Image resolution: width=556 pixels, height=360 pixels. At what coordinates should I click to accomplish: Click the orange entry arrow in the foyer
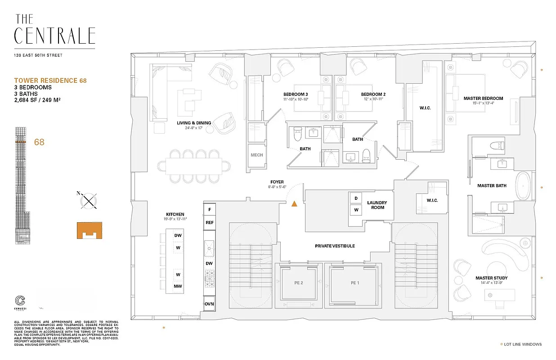(294, 204)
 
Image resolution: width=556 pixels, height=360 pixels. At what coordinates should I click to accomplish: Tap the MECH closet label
(257, 155)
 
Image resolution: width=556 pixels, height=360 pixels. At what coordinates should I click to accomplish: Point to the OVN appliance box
(209, 304)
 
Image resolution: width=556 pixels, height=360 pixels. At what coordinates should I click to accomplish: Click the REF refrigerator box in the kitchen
(210, 222)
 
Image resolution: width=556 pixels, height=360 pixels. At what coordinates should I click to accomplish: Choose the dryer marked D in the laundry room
(356, 198)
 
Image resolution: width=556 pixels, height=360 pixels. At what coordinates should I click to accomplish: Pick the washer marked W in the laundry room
(356, 210)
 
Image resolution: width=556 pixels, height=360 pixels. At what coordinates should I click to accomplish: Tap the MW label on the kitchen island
(178, 286)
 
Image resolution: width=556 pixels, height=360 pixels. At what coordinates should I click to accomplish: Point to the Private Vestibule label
(335, 246)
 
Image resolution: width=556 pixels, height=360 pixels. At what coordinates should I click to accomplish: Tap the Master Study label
(491, 278)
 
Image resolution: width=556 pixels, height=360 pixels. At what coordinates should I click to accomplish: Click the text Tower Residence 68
(50, 81)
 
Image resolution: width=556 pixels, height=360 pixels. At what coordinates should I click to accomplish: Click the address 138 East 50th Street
(38, 55)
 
